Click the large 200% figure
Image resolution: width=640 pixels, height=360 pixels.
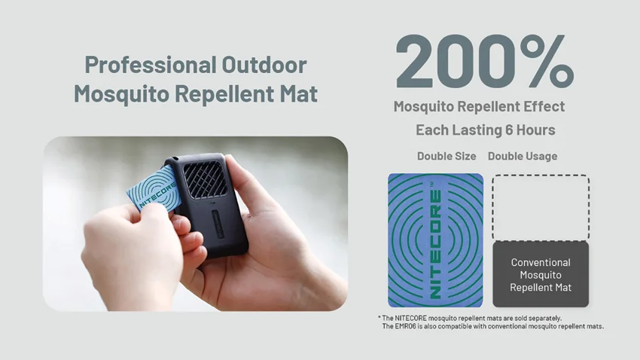click(484, 61)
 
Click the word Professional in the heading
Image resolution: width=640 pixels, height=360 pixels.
click(150, 65)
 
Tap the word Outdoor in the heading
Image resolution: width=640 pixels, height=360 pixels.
click(264, 65)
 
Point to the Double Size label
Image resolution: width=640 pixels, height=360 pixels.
click(446, 156)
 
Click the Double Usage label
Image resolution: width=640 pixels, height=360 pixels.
click(523, 156)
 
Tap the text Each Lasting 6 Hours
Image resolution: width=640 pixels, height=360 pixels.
click(486, 130)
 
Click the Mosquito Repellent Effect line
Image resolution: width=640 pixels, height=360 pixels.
click(479, 106)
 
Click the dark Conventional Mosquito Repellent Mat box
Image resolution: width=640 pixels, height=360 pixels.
click(541, 274)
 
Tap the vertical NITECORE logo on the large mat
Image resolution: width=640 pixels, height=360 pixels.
click(436, 243)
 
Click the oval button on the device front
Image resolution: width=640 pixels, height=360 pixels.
click(219, 225)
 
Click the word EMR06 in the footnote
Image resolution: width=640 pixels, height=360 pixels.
click(405, 326)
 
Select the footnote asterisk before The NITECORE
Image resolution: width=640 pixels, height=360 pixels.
click(379, 318)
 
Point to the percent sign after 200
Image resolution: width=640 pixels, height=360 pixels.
click(547, 61)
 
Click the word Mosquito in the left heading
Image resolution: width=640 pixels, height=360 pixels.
click(122, 94)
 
